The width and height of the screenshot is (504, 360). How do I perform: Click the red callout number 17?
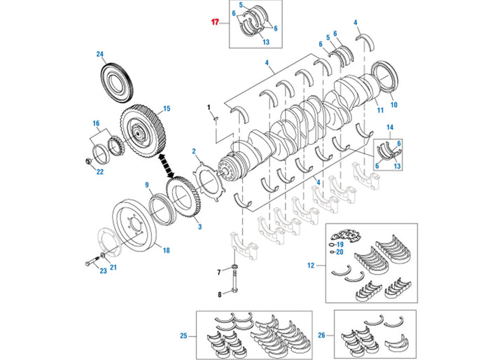click(216, 22)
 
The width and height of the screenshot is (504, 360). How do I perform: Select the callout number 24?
click(100, 55)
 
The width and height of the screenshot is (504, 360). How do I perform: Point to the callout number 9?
click(148, 185)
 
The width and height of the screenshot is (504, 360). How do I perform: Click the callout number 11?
click(380, 111)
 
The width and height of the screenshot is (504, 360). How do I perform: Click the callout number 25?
click(183, 336)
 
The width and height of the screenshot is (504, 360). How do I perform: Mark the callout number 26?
click(321, 336)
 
